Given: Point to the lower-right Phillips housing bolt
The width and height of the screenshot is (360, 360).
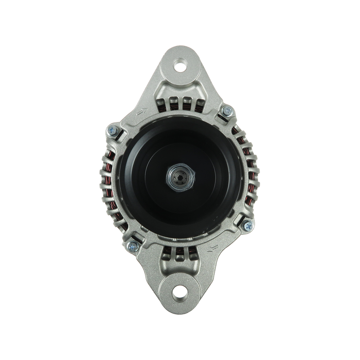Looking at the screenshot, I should [247, 226].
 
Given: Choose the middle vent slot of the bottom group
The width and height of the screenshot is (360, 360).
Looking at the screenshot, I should [180, 257].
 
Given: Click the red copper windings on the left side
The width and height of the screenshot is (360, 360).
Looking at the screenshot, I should [108, 180].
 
